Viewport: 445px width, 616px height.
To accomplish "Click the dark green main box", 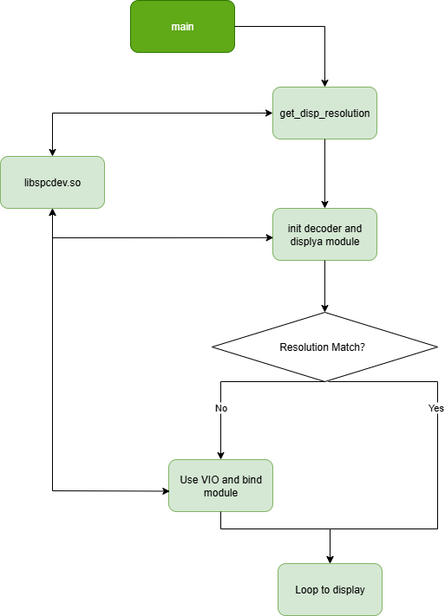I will (x=182, y=26).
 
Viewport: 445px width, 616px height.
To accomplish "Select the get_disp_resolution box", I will (x=324, y=113).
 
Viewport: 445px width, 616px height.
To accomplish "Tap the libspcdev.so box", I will (x=52, y=182).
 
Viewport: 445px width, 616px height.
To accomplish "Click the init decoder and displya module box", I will (x=324, y=234).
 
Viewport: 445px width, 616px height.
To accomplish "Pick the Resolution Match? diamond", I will (x=324, y=347).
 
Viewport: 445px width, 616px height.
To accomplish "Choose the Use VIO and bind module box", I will (x=220, y=485).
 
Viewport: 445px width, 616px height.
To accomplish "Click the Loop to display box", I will (x=330, y=589).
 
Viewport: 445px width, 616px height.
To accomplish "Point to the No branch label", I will (x=220, y=407).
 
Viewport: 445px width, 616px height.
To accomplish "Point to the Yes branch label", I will (x=435, y=407).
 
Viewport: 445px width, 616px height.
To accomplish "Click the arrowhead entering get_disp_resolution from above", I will (x=324, y=82).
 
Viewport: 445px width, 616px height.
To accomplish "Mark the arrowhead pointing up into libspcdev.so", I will (x=53, y=213).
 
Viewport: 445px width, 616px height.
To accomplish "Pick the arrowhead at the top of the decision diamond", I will (x=324, y=308).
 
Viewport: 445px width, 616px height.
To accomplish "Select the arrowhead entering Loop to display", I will (x=330, y=559).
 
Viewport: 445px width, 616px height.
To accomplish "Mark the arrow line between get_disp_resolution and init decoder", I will (x=324, y=173).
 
